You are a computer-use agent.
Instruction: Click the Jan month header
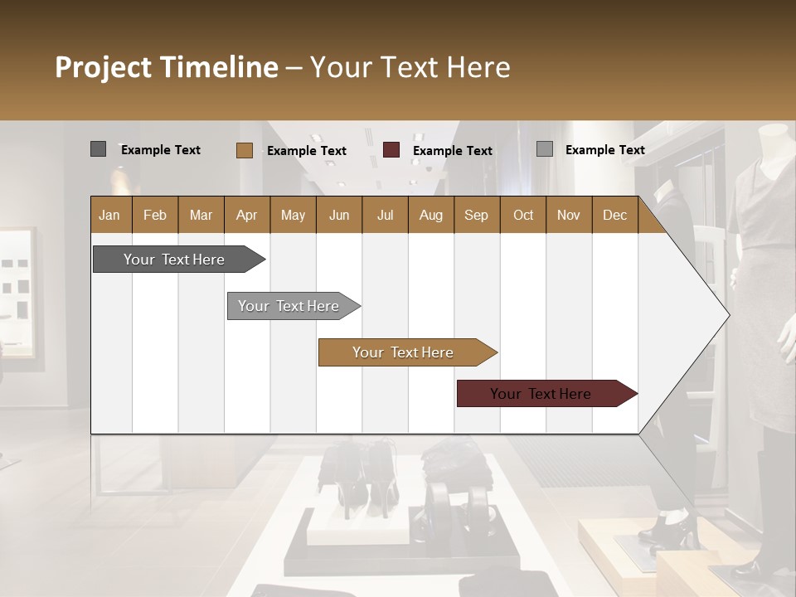109,215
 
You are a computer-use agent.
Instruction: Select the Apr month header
246,215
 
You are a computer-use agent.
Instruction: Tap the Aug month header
430,215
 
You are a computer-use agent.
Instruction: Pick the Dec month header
614,215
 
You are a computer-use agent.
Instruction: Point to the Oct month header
523,215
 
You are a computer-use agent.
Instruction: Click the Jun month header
339,215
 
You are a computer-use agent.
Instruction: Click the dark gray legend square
98,149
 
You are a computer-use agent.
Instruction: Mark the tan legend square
244,150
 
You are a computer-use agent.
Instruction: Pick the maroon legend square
391,150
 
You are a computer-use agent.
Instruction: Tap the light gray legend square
544,149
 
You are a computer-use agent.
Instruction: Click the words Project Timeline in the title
166,67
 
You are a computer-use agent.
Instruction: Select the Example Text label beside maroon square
452,151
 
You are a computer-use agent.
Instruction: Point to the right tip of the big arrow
728,315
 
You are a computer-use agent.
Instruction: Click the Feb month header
155,215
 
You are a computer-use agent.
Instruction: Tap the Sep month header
476,215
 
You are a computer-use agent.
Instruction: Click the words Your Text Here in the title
410,67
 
